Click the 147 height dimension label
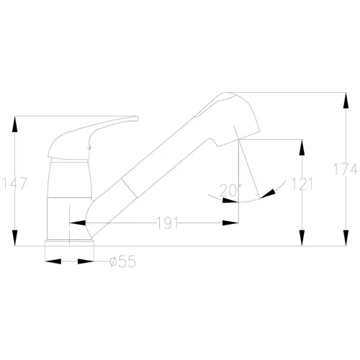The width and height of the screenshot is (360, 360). pyautogui.click(x=15, y=184)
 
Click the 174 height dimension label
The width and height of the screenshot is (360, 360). pyautogui.click(x=346, y=169)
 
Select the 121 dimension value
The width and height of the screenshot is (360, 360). pyautogui.click(x=302, y=184)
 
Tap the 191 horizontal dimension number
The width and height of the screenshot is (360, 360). pyautogui.click(x=167, y=223)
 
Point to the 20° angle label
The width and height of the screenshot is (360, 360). pyautogui.click(x=230, y=190)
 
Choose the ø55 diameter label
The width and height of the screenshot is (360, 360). pyautogui.click(x=122, y=261)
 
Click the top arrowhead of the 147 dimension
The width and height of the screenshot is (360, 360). pyautogui.click(x=15, y=124)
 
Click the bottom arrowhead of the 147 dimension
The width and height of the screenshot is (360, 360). pyautogui.click(x=15, y=238)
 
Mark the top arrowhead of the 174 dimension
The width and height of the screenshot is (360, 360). pyautogui.click(x=346, y=101)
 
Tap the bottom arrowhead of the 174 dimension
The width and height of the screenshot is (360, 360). pyautogui.click(x=346, y=238)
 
